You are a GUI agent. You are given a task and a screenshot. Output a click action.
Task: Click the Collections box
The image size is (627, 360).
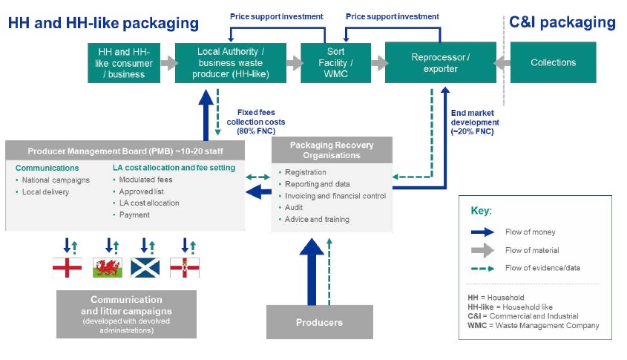click(x=553, y=63)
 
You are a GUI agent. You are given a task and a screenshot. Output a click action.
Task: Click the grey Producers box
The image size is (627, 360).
click(x=320, y=322)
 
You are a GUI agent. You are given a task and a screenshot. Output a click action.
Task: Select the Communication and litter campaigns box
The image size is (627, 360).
click(x=126, y=314)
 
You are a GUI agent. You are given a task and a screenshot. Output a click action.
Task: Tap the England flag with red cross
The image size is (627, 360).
click(x=68, y=266)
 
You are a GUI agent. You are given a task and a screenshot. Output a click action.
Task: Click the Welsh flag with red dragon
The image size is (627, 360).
click(x=107, y=266)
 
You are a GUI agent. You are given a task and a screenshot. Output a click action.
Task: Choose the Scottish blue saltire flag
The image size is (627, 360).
click(x=145, y=266)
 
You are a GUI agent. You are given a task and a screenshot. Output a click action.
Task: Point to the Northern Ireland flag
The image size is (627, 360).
click(x=185, y=266)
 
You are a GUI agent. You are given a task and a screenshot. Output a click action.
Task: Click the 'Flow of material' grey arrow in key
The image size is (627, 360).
click(x=485, y=250)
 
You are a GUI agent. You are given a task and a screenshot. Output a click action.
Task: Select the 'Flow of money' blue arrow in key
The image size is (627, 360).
click(x=485, y=232)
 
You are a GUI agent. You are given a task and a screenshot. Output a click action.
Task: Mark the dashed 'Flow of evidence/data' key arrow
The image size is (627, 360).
click(x=485, y=268)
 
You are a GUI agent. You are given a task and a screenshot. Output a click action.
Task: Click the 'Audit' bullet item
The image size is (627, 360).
click(x=294, y=208)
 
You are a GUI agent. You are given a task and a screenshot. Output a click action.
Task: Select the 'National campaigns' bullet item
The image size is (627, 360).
click(x=56, y=180)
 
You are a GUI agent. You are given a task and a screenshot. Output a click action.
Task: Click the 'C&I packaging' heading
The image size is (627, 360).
click(x=562, y=23)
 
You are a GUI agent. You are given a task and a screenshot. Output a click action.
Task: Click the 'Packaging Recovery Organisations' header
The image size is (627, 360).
click(x=331, y=150)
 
